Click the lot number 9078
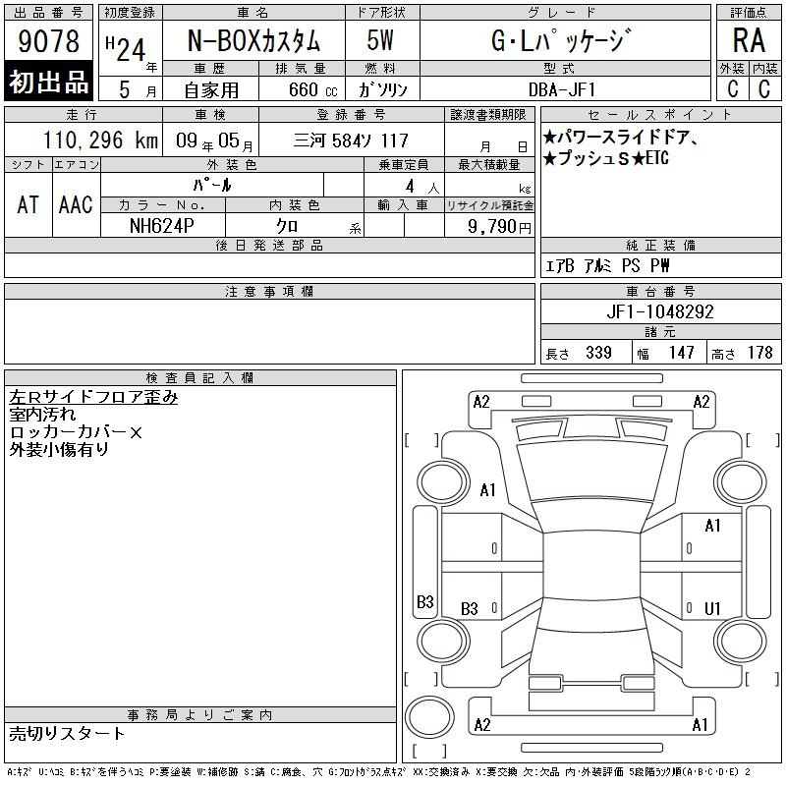48,41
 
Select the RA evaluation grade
749,40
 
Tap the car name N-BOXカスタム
253,40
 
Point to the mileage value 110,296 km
100,140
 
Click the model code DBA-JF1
562,89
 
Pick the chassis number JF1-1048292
659,311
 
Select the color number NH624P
162,226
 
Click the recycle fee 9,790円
499,226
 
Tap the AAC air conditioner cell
76,204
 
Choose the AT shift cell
28,204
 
